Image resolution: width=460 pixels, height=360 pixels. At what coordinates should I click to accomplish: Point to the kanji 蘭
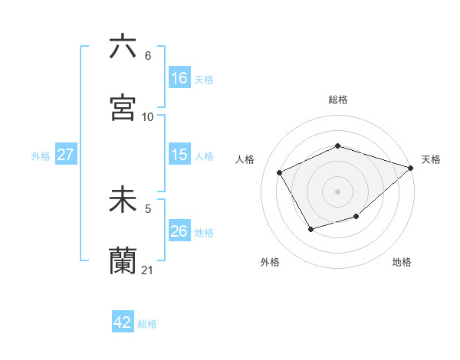(x=123, y=260)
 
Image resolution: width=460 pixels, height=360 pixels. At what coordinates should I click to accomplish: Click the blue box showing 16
(x=179, y=77)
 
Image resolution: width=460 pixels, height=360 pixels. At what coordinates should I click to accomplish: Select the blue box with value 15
(x=179, y=155)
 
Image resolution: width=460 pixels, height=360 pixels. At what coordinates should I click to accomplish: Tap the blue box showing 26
(x=179, y=231)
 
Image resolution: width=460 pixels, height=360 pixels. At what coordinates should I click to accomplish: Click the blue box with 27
(x=65, y=155)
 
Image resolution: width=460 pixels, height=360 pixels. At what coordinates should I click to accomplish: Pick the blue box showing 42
(x=123, y=322)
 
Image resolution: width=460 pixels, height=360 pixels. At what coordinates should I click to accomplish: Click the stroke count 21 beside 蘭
(x=148, y=270)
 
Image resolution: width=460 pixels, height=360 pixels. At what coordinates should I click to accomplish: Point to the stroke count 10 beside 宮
(x=148, y=116)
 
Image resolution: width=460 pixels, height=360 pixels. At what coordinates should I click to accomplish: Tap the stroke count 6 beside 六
(x=148, y=56)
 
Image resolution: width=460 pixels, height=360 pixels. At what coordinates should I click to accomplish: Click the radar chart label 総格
(x=337, y=100)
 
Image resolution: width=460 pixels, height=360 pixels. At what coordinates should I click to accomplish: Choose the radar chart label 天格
(x=431, y=159)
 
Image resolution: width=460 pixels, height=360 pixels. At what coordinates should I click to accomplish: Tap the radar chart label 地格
(x=402, y=263)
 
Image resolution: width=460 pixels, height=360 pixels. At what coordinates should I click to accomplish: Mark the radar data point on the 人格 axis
(x=281, y=172)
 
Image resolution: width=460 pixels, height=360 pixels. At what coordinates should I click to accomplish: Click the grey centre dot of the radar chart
(x=337, y=191)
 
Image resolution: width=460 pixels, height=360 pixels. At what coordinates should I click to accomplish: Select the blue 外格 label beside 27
(x=41, y=155)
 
